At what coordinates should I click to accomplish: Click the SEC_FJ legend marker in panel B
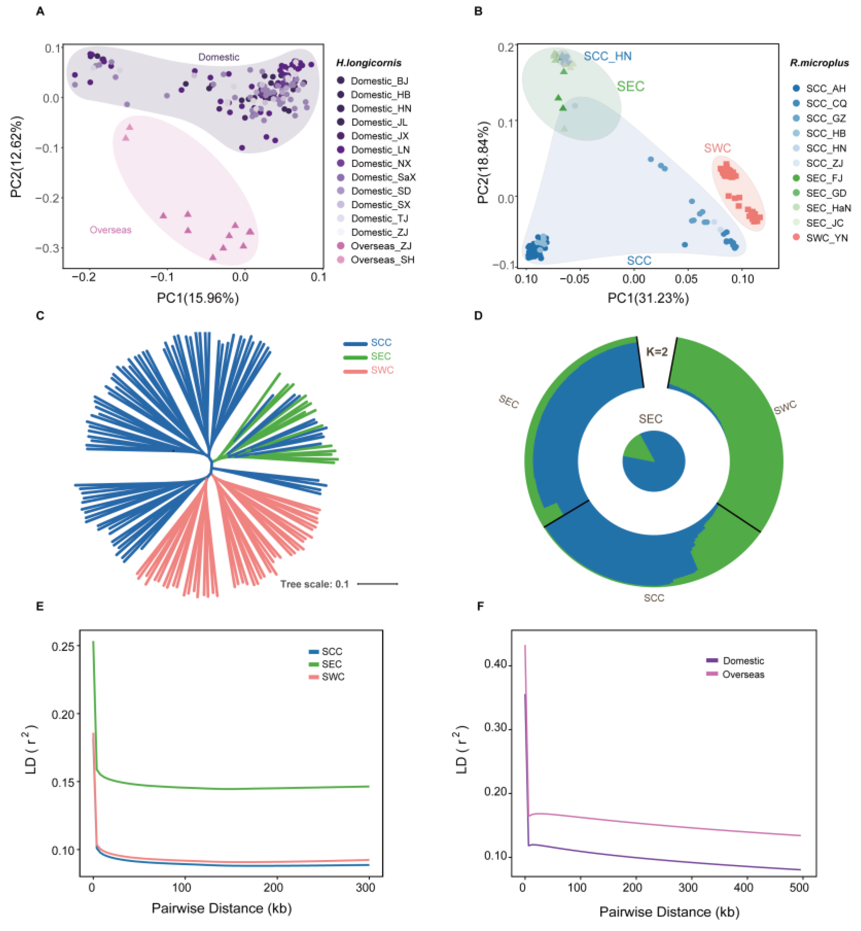point(796,178)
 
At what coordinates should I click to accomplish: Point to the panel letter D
point(478,315)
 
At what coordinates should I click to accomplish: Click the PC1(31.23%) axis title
point(647,298)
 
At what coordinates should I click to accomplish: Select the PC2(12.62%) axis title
point(17,157)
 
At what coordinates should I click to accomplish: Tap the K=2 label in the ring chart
point(656,351)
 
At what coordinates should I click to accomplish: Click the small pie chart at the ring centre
point(654,461)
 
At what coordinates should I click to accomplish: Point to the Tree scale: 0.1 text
point(315,584)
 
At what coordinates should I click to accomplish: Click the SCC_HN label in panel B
point(608,57)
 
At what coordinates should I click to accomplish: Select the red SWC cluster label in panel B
point(717,148)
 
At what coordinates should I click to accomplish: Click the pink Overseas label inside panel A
point(110,230)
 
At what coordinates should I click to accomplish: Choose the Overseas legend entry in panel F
point(743,674)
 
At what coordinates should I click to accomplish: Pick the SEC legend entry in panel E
point(331,664)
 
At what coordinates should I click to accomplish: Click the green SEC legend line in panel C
point(355,357)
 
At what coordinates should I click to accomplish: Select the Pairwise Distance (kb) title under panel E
point(222,908)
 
